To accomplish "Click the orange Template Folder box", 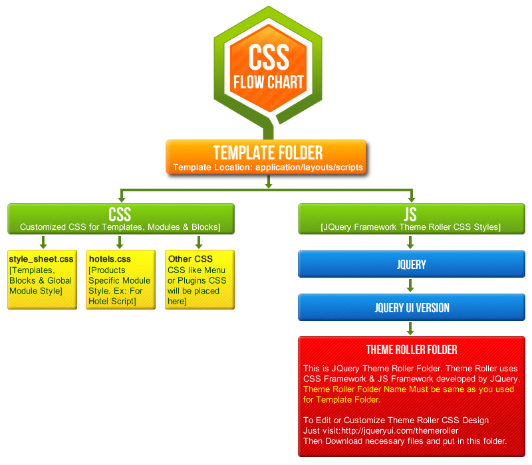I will [266, 157].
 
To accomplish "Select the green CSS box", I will [120, 219].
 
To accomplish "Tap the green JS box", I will [411, 219].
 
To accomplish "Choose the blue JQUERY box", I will [411, 264].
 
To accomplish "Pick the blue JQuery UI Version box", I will [411, 308].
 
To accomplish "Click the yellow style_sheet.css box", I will [42, 279].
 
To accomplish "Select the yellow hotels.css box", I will [120, 279].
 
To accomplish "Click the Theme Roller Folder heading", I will [411, 349].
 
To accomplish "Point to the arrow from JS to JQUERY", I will [411, 242].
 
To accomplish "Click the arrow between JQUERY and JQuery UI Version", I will [411, 286].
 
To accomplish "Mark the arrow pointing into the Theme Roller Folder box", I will [411, 329].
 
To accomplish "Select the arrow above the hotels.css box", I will [120, 242].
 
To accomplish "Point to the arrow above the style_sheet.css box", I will [42, 242].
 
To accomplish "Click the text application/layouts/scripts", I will [308, 167].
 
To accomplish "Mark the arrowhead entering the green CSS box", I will [120, 198].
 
